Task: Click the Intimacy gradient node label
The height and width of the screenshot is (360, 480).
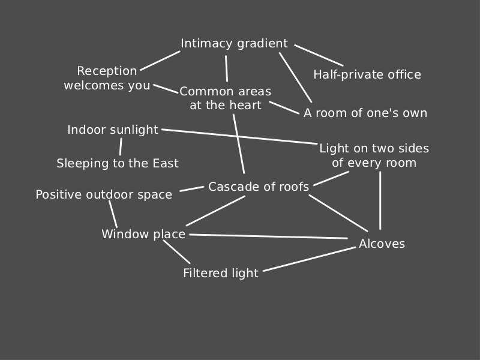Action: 234,44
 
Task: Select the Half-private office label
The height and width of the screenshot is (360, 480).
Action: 367,74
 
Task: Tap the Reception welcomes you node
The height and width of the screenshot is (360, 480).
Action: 107,79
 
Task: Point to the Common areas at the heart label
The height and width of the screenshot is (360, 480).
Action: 225,98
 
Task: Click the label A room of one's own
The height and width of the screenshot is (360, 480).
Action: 365,113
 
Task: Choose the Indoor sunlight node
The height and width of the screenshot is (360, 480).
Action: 113,130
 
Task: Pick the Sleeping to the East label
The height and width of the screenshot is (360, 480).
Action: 118,163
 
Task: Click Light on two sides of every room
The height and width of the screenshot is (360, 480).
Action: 374,155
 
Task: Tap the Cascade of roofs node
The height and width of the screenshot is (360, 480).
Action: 259,187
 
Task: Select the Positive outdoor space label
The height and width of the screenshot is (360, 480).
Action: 104,194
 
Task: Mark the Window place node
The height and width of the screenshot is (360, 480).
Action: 143,234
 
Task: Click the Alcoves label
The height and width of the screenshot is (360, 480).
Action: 382,244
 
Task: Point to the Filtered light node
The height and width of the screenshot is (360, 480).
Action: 221,273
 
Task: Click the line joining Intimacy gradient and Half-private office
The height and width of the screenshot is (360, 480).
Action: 319,55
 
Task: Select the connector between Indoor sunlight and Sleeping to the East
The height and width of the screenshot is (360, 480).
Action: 121,146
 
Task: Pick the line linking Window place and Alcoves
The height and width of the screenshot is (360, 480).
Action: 268,236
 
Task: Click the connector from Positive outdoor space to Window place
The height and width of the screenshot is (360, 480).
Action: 113,214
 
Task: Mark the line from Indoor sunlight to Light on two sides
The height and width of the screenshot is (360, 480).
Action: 240,137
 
